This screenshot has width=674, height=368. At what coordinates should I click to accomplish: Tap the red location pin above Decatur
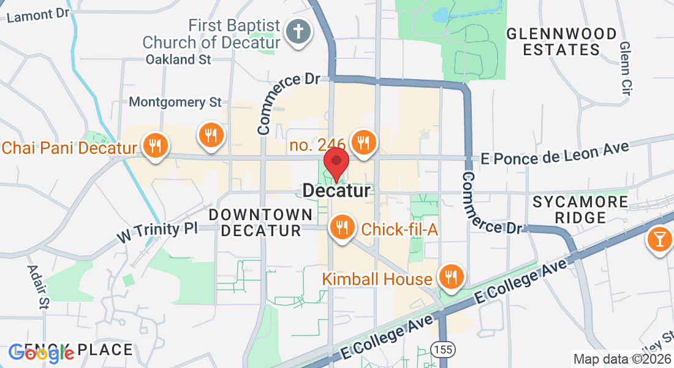point(336,163)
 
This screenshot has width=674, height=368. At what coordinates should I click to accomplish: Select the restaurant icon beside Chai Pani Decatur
point(156,146)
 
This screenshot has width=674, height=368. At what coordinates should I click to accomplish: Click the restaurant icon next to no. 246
point(363,143)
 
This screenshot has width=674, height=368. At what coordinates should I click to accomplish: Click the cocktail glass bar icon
point(659,239)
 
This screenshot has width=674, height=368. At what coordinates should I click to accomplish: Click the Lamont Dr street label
point(39,15)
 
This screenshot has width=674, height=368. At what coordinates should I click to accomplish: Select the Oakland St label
point(178,59)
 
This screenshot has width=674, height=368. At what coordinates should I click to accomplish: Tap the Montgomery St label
point(175,102)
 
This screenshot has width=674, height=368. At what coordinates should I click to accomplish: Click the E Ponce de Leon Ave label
point(555,153)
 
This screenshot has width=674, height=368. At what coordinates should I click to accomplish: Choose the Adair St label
point(36,287)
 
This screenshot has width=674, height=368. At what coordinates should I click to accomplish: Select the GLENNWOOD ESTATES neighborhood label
point(561,42)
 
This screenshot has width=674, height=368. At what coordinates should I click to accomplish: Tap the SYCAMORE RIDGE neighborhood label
point(580,209)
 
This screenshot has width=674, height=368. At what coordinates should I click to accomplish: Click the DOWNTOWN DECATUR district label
point(261,223)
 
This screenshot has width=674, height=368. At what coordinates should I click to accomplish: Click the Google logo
point(41,352)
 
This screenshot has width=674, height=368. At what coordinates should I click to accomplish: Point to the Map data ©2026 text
point(621,359)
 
